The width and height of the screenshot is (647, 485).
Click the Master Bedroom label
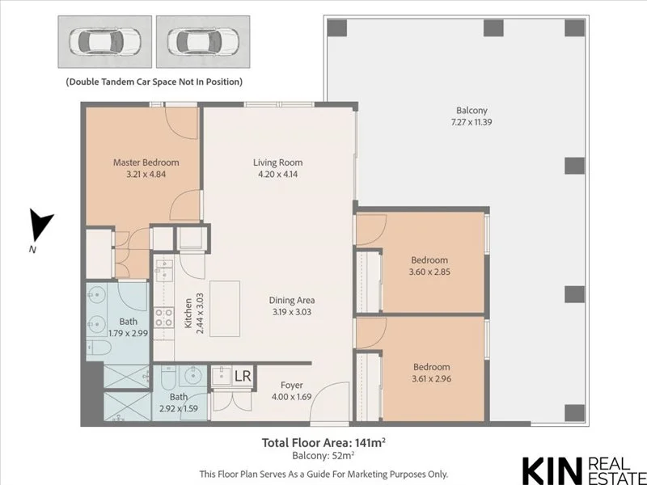tap(146, 162)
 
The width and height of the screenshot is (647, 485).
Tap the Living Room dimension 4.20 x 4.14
tap(277, 174)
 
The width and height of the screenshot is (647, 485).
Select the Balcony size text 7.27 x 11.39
tap(472, 122)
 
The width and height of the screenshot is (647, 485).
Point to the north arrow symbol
tap(40, 225)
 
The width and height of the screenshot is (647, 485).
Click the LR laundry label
tap(243, 376)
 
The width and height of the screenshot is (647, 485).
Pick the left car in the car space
tap(105, 42)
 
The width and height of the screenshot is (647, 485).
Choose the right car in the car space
tap(203, 42)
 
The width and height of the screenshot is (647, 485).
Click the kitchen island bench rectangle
tap(225, 309)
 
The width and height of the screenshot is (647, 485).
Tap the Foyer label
tap(292, 386)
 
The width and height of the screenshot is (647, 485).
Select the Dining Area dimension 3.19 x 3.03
tap(292, 312)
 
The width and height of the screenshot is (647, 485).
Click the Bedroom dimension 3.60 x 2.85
tap(429, 272)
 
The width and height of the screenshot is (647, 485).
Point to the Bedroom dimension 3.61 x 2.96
tap(432, 378)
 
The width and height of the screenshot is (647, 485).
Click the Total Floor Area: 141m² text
tap(324, 442)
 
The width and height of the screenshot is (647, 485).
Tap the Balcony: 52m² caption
tap(323, 456)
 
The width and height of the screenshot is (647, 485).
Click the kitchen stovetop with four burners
tap(164, 318)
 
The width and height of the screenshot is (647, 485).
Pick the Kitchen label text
tap(188, 313)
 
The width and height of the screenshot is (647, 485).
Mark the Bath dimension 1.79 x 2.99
tap(128, 333)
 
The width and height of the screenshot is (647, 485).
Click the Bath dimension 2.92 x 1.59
tap(179, 409)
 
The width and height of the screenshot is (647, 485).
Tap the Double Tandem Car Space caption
tap(154, 82)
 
